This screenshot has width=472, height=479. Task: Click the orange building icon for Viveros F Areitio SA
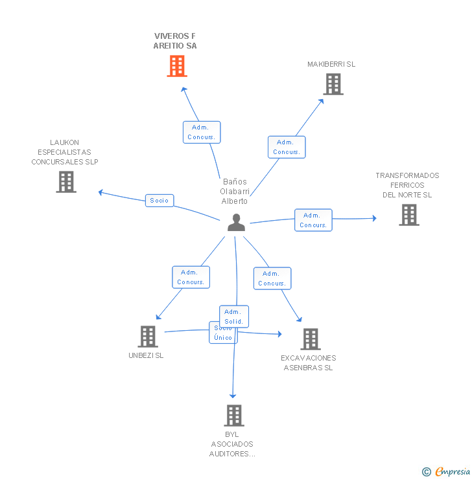[177, 66]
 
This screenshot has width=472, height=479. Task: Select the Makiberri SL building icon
[333, 84]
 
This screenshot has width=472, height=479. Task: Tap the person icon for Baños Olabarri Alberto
[236, 223]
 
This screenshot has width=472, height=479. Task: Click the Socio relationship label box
[159, 201]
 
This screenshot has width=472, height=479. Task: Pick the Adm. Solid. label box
[234, 317]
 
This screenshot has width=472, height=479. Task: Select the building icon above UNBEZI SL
[148, 337]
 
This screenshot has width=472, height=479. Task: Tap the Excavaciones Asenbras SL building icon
[311, 339]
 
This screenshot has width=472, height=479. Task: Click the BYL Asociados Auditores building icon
[234, 416]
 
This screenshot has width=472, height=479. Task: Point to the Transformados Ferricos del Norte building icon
[409, 215]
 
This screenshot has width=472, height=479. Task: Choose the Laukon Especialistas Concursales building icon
[66, 182]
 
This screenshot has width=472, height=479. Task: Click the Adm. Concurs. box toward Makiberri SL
[287, 147]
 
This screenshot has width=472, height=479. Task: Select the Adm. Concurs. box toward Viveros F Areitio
[202, 132]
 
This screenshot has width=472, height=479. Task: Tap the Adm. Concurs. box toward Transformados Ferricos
[313, 220]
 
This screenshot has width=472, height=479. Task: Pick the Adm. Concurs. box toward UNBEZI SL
[191, 277]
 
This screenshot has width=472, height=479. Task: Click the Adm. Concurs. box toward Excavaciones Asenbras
[272, 278]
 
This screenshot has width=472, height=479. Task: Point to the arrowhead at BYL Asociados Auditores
[233, 396]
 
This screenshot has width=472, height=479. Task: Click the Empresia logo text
[453, 472]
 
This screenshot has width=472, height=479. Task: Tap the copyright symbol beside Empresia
[427, 472]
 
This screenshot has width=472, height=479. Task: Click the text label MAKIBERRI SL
[331, 64]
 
